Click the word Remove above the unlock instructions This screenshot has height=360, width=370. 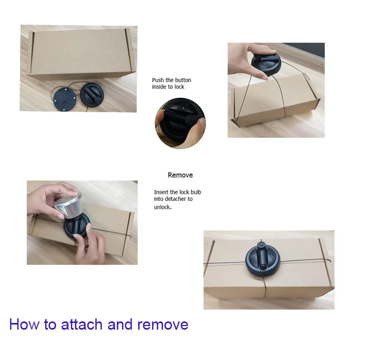click(x=180, y=175)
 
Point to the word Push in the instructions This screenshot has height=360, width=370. click(x=158, y=80)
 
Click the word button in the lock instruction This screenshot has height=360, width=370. click(x=182, y=80)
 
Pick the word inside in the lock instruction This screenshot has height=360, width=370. click(x=160, y=87)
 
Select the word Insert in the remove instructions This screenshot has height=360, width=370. click(x=162, y=192)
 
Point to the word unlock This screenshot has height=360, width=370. click(x=162, y=207)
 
